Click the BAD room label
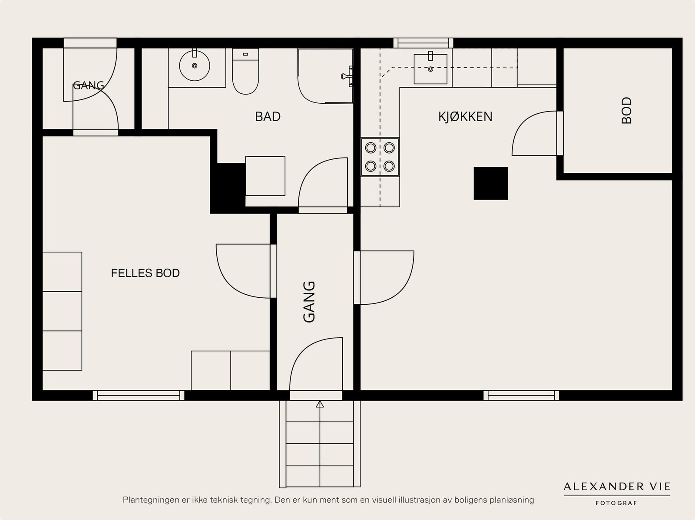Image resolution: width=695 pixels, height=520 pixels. (x=268, y=117)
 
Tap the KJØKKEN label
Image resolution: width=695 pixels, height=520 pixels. (x=465, y=117)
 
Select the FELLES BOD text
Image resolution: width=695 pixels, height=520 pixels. (x=146, y=273)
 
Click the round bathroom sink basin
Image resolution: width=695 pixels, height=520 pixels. (x=195, y=66)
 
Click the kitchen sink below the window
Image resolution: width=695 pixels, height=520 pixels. (x=430, y=69)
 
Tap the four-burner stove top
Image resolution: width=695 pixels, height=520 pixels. (x=380, y=157)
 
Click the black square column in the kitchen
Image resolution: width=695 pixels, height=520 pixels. (x=491, y=184)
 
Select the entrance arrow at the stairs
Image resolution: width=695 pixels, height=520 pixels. (x=320, y=404)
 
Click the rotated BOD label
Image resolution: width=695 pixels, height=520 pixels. (x=627, y=110)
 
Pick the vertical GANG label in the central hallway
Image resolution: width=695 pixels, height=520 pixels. (x=309, y=302)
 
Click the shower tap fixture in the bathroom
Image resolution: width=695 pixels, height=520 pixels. (x=347, y=76)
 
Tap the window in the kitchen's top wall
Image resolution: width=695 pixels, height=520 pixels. (x=423, y=43)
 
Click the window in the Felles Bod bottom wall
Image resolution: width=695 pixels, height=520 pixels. (x=139, y=395)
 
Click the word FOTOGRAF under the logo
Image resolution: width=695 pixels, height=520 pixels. (x=616, y=503)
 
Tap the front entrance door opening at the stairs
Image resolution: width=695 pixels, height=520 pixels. (x=316, y=395)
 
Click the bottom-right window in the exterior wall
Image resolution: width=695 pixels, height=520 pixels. (x=521, y=395)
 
